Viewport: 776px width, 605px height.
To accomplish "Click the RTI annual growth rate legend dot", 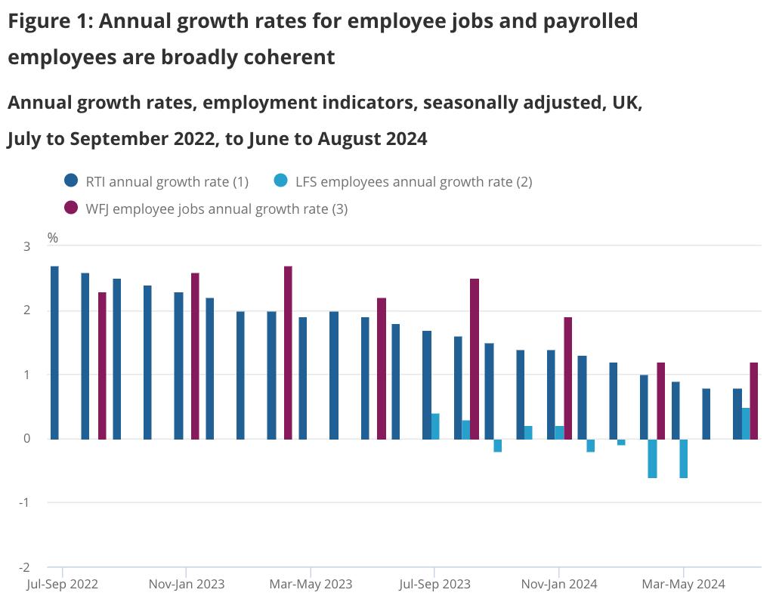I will click(x=72, y=181).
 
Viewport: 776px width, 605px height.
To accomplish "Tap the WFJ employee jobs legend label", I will click(x=216, y=208).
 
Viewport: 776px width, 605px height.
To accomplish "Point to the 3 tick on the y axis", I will click(x=26, y=246).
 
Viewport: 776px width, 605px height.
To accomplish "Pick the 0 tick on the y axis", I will click(x=26, y=439).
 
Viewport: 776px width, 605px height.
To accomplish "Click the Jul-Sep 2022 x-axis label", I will click(x=62, y=584).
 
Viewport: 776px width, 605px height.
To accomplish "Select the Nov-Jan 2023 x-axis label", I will click(x=186, y=584).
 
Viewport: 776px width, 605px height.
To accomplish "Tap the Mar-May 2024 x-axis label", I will click(x=683, y=584).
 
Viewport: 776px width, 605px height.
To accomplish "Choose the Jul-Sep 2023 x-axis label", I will click(x=434, y=584).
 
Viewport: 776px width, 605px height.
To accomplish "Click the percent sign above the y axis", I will click(x=53, y=238).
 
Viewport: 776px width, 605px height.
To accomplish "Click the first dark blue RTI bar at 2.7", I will click(x=54, y=352).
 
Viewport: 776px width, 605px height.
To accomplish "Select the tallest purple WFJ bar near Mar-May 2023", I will click(x=288, y=352).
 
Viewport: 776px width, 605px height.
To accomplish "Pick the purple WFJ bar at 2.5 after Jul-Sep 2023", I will click(x=475, y=359).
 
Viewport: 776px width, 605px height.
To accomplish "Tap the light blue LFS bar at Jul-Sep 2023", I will click(x=435, y=426).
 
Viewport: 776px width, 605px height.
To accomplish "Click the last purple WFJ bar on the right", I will click(x=753, y=400).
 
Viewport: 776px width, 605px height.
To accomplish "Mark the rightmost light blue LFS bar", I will click(x=746, y=423).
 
